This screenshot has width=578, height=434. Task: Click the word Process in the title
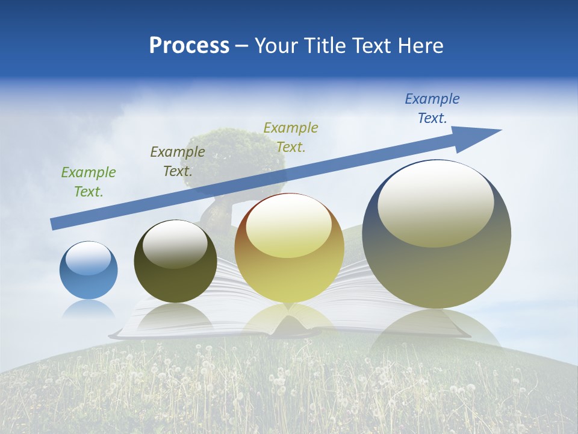pyautogui.click(x=189, y=46)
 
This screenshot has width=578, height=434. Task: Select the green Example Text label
pyautogui.click(x=89, y=182)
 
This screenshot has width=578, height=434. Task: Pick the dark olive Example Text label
pyautogui.click(x=178, y=162)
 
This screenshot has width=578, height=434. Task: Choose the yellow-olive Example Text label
pyautogui.click(x=291, y=137)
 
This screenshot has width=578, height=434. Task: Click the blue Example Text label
pyautogui.click(x=432, y=108)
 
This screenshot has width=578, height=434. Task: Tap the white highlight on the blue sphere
pyautogui.click(x=89, y=259)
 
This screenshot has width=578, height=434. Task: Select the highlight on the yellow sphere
pyautogui.click(x=288, y=227)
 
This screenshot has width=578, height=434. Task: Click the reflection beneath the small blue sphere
pyautogui.click(x=89, y=310)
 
